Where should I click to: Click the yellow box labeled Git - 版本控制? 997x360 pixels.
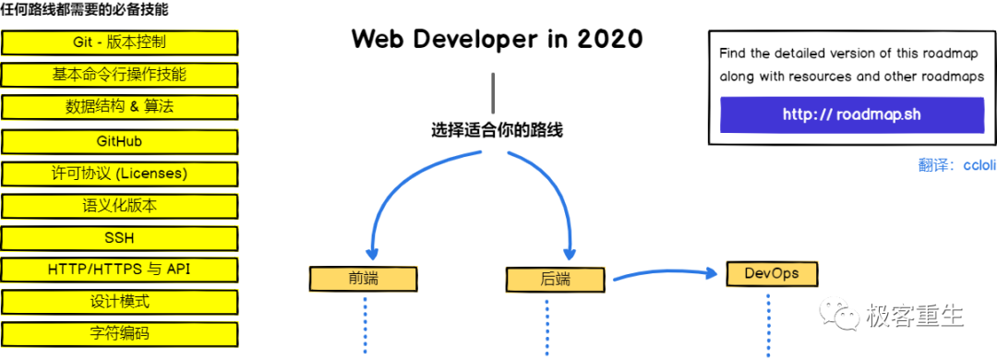(x=120, y=42)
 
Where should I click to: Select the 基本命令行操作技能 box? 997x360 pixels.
(x=120, y=75)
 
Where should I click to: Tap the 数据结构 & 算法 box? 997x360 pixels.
(x=120, y=107)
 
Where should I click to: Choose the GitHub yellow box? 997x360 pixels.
(x=120, y=141)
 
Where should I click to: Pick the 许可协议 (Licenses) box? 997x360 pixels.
(x=120, y=174)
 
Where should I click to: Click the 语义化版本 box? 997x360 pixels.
(x=120, y=206)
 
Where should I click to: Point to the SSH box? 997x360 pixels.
(x=120, y=238)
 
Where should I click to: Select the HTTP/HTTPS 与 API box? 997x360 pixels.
(x=120, y=270)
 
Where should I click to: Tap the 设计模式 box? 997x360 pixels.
(x=120, y=302)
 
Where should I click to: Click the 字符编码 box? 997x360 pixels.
(x=120, y=333)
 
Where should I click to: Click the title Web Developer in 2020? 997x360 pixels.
(x=497, y=40)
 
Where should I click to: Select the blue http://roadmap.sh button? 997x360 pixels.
(x=851, y=115)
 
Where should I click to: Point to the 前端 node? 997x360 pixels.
(x=364, y=279)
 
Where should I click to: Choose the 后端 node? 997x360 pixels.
(x=555, y=279)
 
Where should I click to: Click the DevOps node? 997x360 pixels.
(x=772, y=274)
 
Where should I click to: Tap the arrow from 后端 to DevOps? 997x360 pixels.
(x=665, y=274)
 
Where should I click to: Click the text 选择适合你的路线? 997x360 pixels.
(x=497, y=130)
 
